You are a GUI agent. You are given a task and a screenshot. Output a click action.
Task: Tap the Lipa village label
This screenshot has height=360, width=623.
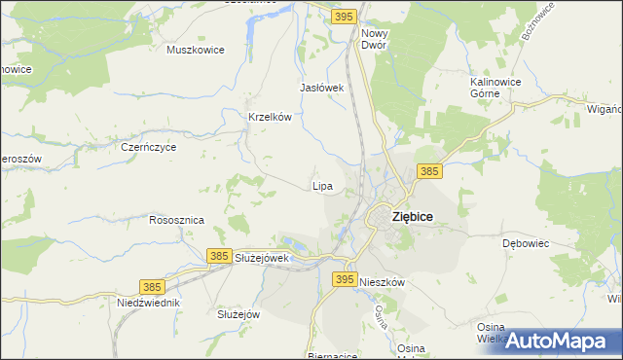pos(322,185)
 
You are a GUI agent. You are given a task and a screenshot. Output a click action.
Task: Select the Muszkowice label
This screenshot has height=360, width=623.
pos(196,50)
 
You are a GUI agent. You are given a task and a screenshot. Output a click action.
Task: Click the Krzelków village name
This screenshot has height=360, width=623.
pos(271,117)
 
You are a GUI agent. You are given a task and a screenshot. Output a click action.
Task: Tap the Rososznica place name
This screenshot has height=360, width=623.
pos(176,220)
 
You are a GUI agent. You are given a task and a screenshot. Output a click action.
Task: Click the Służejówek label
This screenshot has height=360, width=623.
pos(262,258)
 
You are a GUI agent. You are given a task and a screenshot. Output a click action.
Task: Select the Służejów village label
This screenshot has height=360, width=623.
pos(238,314)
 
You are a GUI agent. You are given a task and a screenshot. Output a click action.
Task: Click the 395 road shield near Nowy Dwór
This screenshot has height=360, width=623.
pos(343,17)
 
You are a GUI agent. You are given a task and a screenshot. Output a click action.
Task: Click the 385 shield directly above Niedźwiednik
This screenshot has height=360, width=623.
pos(151,287)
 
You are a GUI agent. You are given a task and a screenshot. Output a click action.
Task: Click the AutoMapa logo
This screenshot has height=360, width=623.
pos(557,341)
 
